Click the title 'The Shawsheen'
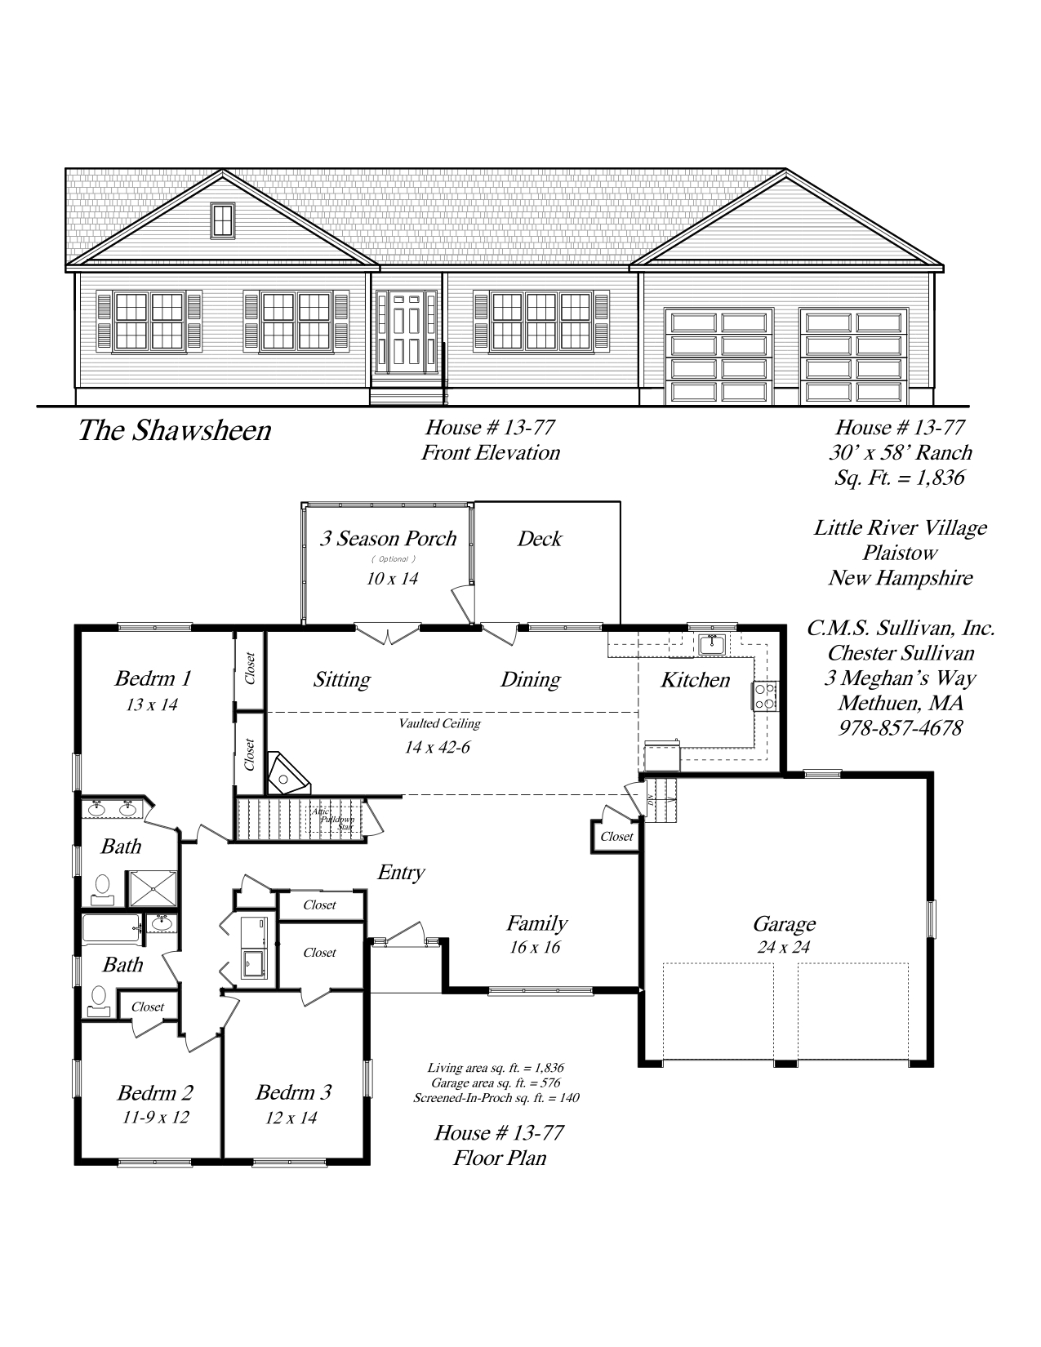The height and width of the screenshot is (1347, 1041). (x=175, y=431)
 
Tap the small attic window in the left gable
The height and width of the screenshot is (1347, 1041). (x=223, y=220)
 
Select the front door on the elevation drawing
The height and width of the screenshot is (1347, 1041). (x=407, y=332)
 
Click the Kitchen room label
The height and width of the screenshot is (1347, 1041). (x=695, y=680)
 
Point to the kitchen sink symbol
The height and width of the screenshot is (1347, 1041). (x=712, y=645)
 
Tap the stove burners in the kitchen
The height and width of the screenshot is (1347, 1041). (x=765, y=696)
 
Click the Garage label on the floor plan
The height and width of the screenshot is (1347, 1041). (x=785, y=924)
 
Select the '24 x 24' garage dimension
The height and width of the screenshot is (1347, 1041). (x=784, y=946)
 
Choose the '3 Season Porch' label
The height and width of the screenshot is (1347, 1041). (x=388, y=538)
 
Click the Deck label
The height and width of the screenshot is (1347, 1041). (x=540, y=539)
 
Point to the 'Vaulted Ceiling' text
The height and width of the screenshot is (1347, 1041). (x=439, y=722)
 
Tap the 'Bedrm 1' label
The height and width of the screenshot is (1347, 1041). (x=153, y=678)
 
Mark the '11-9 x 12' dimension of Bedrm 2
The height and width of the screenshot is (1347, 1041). (x=156, y=1117)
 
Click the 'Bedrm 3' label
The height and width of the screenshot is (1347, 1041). (x=294, y=1091)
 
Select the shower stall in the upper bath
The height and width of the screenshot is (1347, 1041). (x=153, y=888)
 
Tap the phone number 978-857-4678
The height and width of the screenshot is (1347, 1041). (x=901, y=727)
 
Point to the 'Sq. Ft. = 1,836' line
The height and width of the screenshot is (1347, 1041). (x=900, y=478)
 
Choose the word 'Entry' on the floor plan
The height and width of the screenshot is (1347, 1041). (x=401, y=873)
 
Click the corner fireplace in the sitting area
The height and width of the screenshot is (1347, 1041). (x=287, y=774)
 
